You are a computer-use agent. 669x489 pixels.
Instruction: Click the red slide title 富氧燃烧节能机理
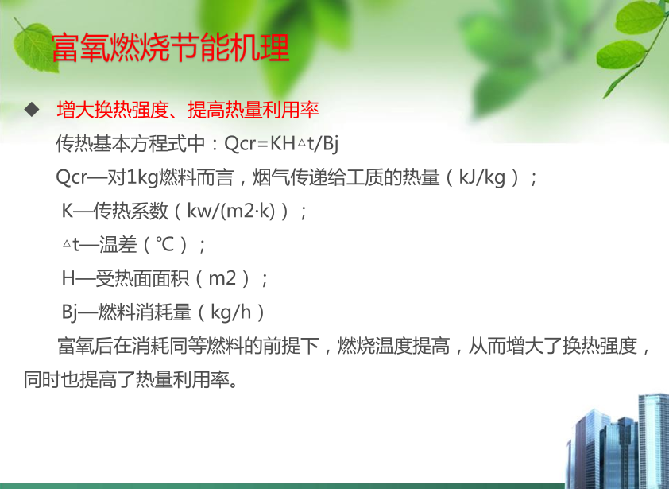pos(170,47)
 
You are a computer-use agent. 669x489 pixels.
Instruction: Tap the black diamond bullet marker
pos(32,110)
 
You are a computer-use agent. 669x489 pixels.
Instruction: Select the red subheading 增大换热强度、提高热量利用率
pos(188,110)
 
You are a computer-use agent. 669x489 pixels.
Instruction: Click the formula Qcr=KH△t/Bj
pos(281,143)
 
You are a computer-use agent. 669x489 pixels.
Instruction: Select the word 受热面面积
pos(142,278)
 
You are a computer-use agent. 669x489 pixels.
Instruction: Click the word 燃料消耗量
pos(145,312)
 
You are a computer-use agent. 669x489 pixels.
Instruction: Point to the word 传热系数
pos(130,211)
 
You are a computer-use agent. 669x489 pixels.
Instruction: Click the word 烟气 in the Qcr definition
pos(271,177)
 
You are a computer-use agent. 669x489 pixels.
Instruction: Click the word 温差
pos(118,245)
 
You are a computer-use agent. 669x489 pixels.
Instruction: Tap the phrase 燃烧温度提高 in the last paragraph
pos(393,346)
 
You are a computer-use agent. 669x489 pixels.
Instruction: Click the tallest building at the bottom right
pos(654,440)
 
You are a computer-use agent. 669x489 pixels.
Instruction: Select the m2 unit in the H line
pos(222,279)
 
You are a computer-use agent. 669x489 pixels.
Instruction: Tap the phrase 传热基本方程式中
pos(130,143)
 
